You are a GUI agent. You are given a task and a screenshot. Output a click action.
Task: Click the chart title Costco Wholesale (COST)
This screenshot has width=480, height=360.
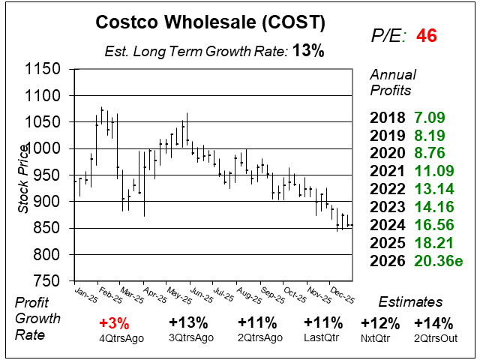tap(211, 22)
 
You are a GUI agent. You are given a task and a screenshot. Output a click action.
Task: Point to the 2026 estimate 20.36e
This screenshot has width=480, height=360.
tap(436, 261)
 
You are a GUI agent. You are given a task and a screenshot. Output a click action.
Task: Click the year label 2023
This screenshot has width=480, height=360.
tap(386, 207)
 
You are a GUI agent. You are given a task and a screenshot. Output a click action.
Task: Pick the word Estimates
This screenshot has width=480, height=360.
tap(410, 302)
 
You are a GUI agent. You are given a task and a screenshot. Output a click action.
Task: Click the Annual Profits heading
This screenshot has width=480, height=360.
tap(391, 82)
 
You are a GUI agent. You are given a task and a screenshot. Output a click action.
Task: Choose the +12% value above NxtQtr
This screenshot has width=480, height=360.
tap(379, 323)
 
